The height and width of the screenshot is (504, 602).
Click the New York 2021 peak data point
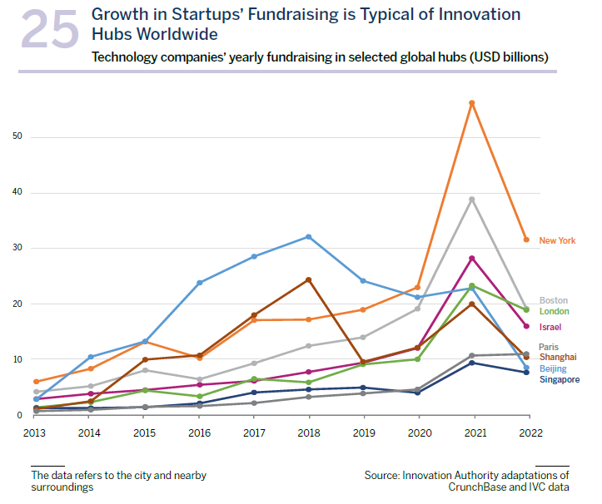[471, 103]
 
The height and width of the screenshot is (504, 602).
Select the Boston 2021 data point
[471, 200]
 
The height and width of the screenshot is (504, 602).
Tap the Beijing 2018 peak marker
[309, 237]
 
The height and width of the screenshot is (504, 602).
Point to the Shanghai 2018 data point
[309, 279]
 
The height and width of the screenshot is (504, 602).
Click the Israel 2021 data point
[471, 259]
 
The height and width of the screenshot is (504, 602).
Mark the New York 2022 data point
[525, 240]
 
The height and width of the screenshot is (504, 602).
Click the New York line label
[557, 240]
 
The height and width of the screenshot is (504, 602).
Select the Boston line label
[554, 300]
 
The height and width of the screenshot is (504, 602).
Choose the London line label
[555, 311]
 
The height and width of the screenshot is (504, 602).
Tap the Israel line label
[550, 327]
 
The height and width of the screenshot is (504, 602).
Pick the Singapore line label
[560, 379]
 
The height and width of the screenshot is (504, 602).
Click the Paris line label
[549, 347]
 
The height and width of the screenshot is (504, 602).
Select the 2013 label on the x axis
[35, 433]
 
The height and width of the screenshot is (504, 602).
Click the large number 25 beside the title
[50, 31]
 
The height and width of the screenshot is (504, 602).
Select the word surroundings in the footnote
[62, 487]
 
